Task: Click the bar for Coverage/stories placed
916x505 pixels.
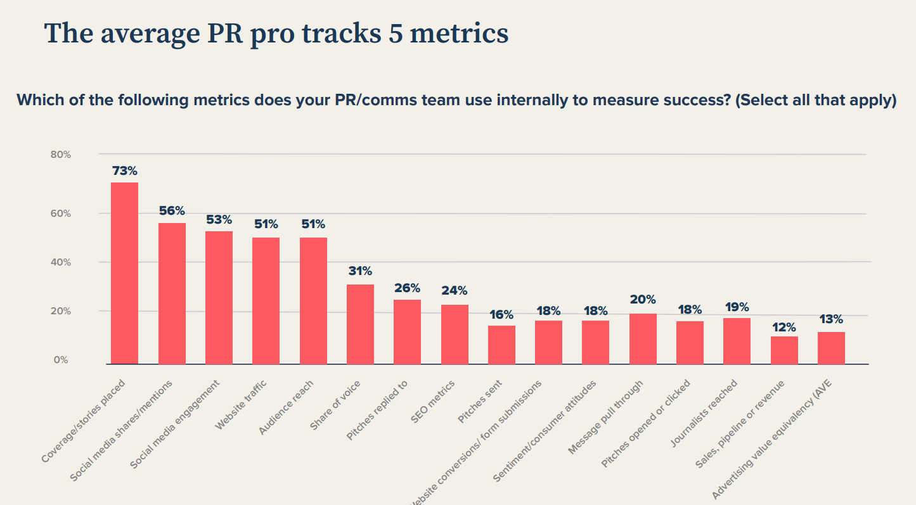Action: (x=124, y=273)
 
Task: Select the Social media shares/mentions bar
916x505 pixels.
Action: (x=172, y=293)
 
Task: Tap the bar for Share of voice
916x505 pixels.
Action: (x=360, y=324)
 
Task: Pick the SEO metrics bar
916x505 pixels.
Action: (x=455, y=334)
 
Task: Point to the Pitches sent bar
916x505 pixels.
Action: (x=501, y=345)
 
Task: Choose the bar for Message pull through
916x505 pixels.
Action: (x=643, y=338)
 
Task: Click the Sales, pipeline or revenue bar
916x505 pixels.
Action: (x=784, y=350)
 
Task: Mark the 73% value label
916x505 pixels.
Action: (x=124, y=171)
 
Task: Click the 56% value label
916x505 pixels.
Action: (x=172, y=210)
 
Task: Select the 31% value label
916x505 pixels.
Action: (x=360, y=271)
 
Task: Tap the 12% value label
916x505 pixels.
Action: (x=784, y=328)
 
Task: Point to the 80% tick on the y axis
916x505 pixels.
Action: (x=61, y=155)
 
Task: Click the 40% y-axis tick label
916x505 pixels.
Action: (x=61, y=262)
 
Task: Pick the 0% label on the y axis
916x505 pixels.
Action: (x=61, y=360)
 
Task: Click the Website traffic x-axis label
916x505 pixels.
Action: (x=241, y=406)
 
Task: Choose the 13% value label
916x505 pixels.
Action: (x=830, y=319)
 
